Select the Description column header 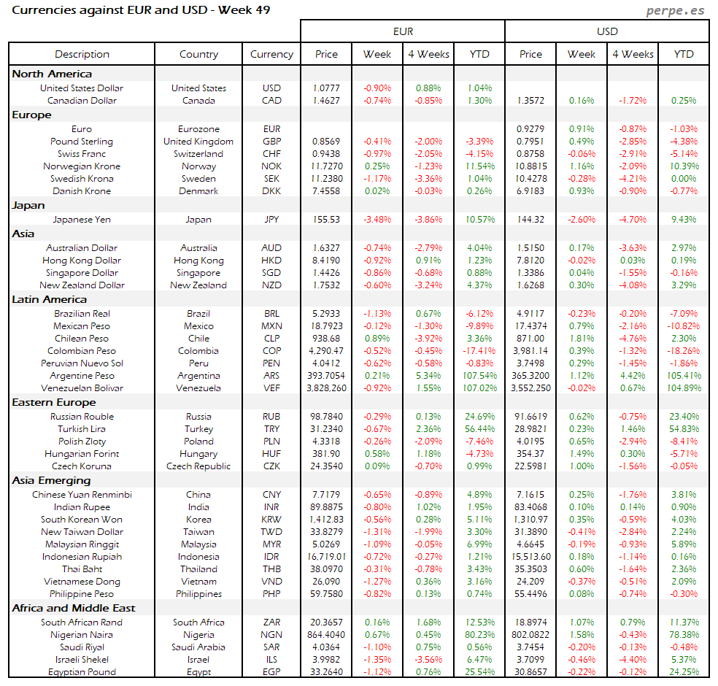click(82, 54)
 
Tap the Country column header click(198, 54)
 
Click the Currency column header click(271, 54)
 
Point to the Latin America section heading click(50, 299)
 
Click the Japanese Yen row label click(82, 219)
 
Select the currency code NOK click(271, 166)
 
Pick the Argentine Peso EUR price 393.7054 click(326, 376)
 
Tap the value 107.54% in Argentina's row click(479, 376)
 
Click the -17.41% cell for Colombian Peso click(479, 351)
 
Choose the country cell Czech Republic click(198, 466)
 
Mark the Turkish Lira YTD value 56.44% click(479, 429)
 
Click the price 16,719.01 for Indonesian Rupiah click(326, 557)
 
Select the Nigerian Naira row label click(82, 635)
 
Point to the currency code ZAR click(271, 623)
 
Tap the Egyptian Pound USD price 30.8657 click(530, 672)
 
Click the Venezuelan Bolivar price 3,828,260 click(326, 388)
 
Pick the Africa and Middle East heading click(74, 608)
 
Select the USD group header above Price click(607, 31)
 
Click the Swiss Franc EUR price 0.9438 click(326, 154)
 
